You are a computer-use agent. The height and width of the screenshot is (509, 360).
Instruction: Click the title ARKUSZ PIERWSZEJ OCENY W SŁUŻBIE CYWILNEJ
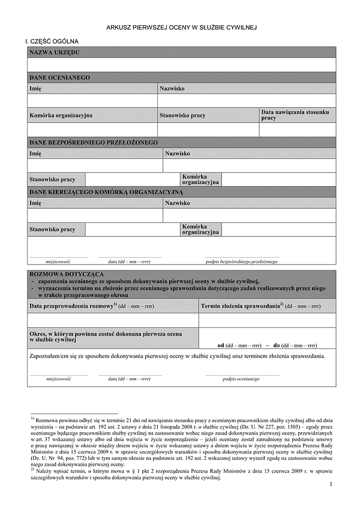[181, 28]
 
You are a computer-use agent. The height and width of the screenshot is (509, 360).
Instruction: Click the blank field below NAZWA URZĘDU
[181, 65]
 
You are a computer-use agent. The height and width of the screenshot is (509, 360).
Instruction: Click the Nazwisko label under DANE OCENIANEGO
[172, 88]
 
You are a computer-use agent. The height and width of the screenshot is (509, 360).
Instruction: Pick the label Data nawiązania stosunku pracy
[295, 115]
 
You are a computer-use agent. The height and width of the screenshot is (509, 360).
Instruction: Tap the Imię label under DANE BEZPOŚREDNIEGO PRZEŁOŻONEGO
[35, 153]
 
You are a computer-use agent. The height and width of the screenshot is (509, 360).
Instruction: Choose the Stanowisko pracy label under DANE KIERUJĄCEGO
[53, 229]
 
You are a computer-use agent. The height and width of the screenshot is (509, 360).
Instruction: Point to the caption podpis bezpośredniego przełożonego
[242, 262]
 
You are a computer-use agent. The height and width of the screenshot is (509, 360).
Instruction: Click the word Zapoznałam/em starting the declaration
[47, 356]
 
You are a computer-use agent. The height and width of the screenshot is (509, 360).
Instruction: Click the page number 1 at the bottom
[331, 484]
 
